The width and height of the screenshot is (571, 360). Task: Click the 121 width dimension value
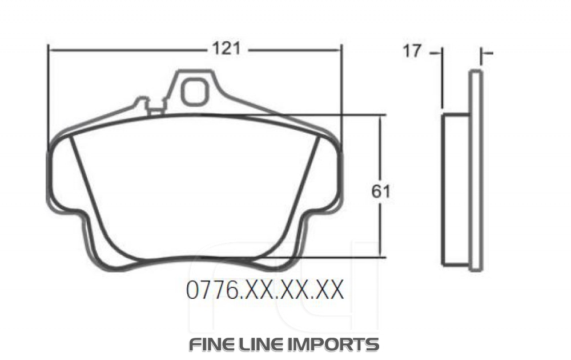click(x=226, y=50)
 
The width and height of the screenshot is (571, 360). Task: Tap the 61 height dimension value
click(x=380, y=192)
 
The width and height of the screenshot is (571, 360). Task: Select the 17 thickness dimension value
click(x=412, y=51)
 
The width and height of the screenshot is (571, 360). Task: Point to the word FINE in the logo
click(x=211, y=345)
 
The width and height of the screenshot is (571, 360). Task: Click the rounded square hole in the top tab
click(x=195, y=91)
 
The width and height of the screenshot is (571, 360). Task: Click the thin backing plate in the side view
click(x=476, y=171)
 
